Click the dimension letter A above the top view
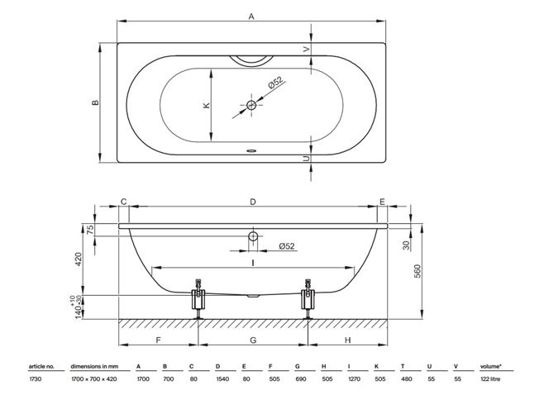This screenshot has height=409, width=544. coord(251,16)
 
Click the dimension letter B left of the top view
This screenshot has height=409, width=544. coord(95,102)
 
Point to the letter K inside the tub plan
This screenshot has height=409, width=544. coord(206,105)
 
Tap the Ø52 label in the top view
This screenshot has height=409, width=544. coord(276,83)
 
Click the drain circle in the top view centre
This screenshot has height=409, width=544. coord(251,105)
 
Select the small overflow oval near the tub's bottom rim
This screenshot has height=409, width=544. coord(251,150)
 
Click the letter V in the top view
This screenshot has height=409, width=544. coord(306,50)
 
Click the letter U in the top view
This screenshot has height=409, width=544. coord(306,159)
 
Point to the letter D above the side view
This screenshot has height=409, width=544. coord(253,202)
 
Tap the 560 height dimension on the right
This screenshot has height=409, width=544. coord(417,271)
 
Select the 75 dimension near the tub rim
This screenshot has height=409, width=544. coord(89,229)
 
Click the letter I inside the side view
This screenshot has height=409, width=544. coord(253,264)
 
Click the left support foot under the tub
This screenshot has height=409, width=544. coord(198,299)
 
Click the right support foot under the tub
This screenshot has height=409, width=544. coord(308,299)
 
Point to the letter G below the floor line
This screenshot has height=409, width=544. coord(253,340)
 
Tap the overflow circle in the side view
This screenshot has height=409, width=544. coord(253,236)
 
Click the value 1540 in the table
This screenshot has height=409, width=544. coord(222,379)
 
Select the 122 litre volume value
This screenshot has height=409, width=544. coord(490,379)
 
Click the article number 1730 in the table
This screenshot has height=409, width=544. coord(35,379)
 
